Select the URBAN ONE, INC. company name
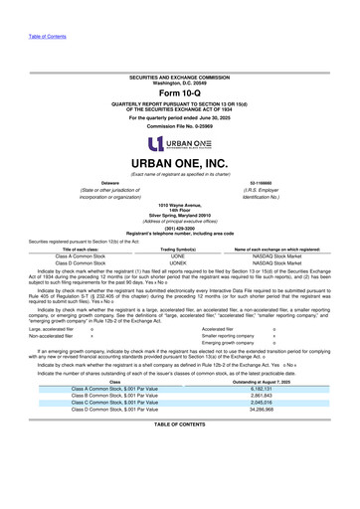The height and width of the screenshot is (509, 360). (179, 162)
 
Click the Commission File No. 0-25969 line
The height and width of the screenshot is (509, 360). (179, 127)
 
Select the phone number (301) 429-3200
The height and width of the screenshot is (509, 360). (179, 224)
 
